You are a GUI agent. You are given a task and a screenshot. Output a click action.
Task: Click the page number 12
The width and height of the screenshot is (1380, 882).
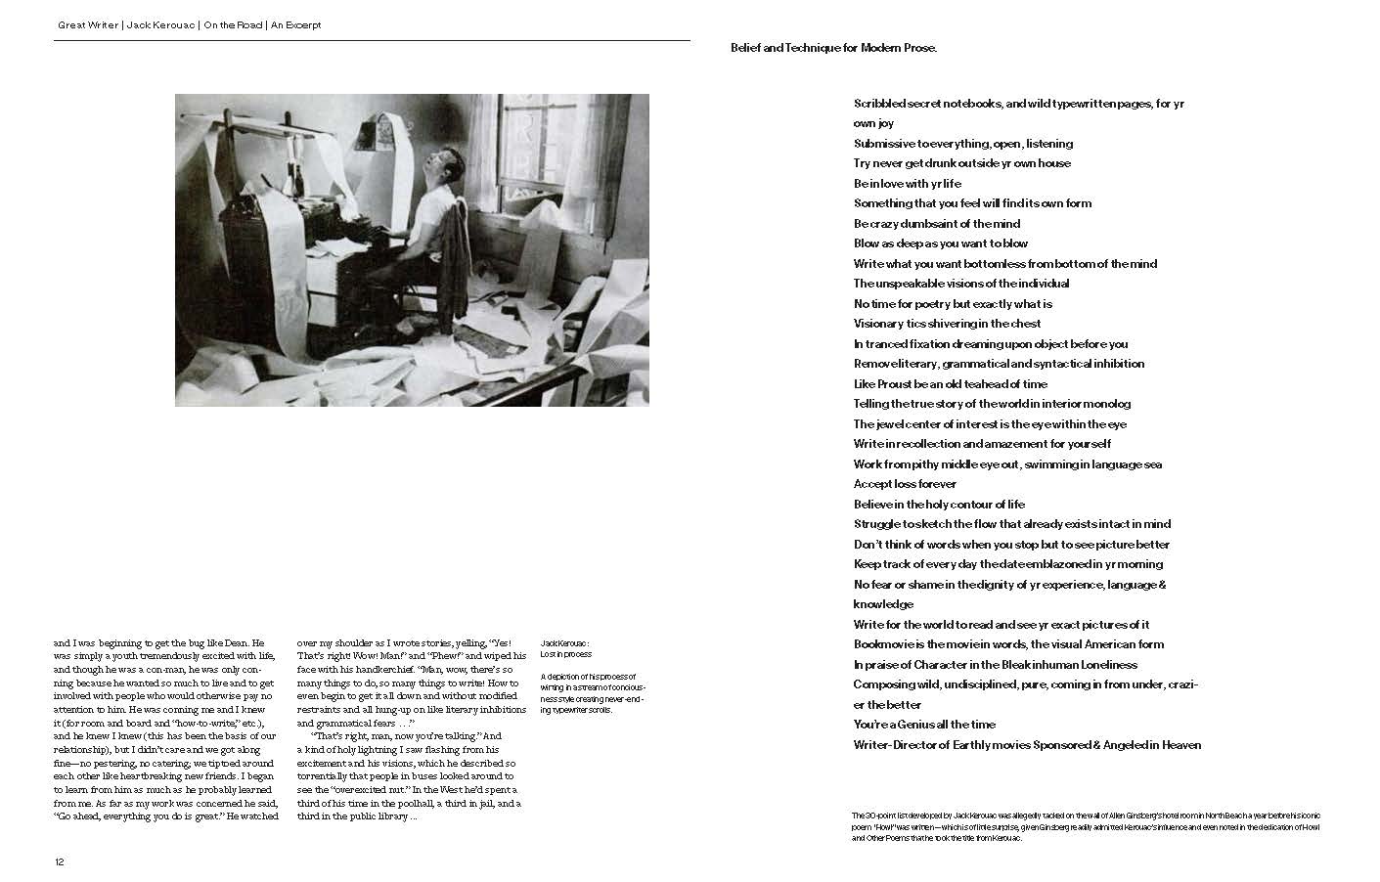[x=60, y=861]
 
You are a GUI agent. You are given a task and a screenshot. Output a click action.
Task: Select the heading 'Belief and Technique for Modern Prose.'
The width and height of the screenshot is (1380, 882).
[x=833, y=48]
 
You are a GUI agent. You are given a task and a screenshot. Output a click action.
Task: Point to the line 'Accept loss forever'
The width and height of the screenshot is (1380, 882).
[x=905, y=484]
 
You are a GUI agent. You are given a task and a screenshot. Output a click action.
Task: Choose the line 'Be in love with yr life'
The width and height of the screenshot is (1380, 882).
[x=907, y=184]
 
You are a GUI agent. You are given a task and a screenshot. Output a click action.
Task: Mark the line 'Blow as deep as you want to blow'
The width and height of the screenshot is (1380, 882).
[x=940, y=243]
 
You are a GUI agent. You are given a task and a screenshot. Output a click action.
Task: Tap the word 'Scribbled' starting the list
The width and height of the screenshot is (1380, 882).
[x=878, y=104]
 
